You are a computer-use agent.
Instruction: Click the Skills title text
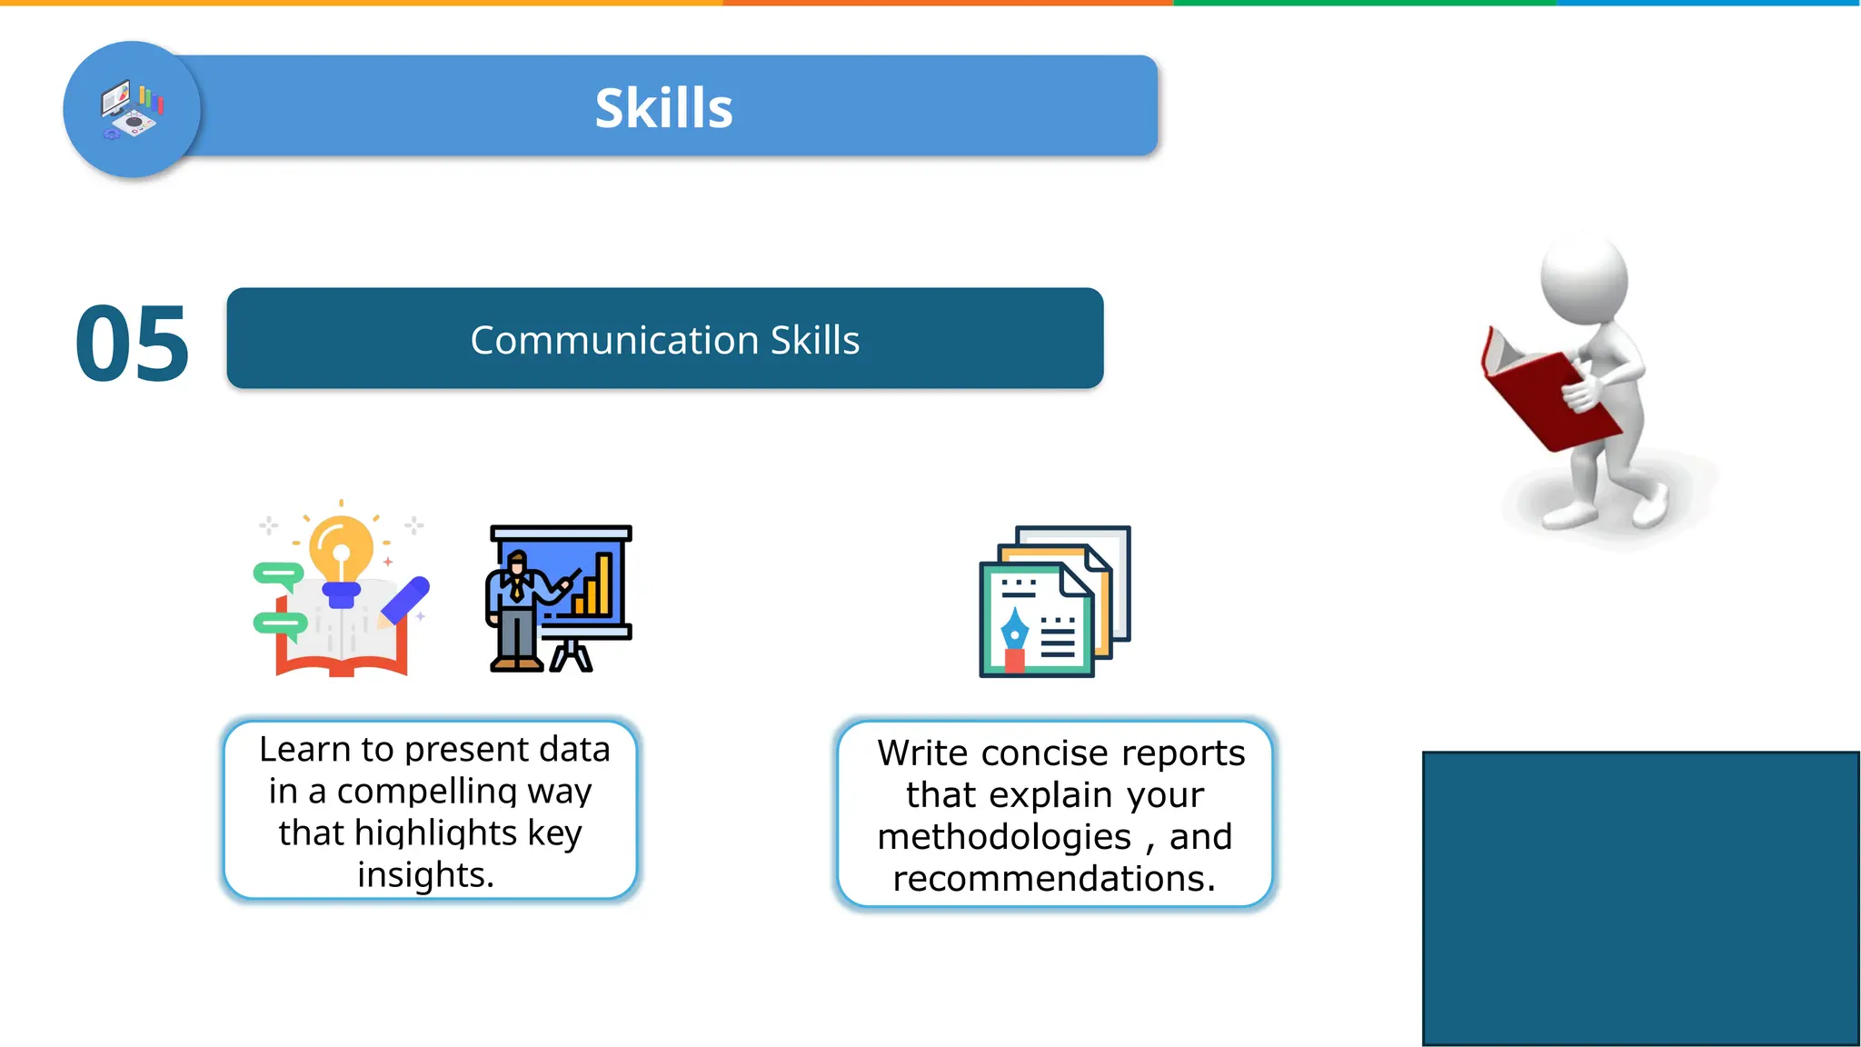[663, 108]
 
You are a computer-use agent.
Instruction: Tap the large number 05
[132, 344]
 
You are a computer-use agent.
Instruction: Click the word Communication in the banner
[614, 340]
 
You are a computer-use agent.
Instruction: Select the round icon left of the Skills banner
[132, 109]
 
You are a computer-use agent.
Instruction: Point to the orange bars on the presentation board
[595, 586]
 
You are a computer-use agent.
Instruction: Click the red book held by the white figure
[1545, 400]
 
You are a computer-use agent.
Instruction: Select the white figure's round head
[1584, 277]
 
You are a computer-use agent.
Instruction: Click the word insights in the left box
[425, 875]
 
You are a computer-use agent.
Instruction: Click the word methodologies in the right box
[1004, 837]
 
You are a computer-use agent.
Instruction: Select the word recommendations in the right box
[1053, 879]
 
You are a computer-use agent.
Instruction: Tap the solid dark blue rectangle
[1640, 898]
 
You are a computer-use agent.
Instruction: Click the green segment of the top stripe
[1363, 3]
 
